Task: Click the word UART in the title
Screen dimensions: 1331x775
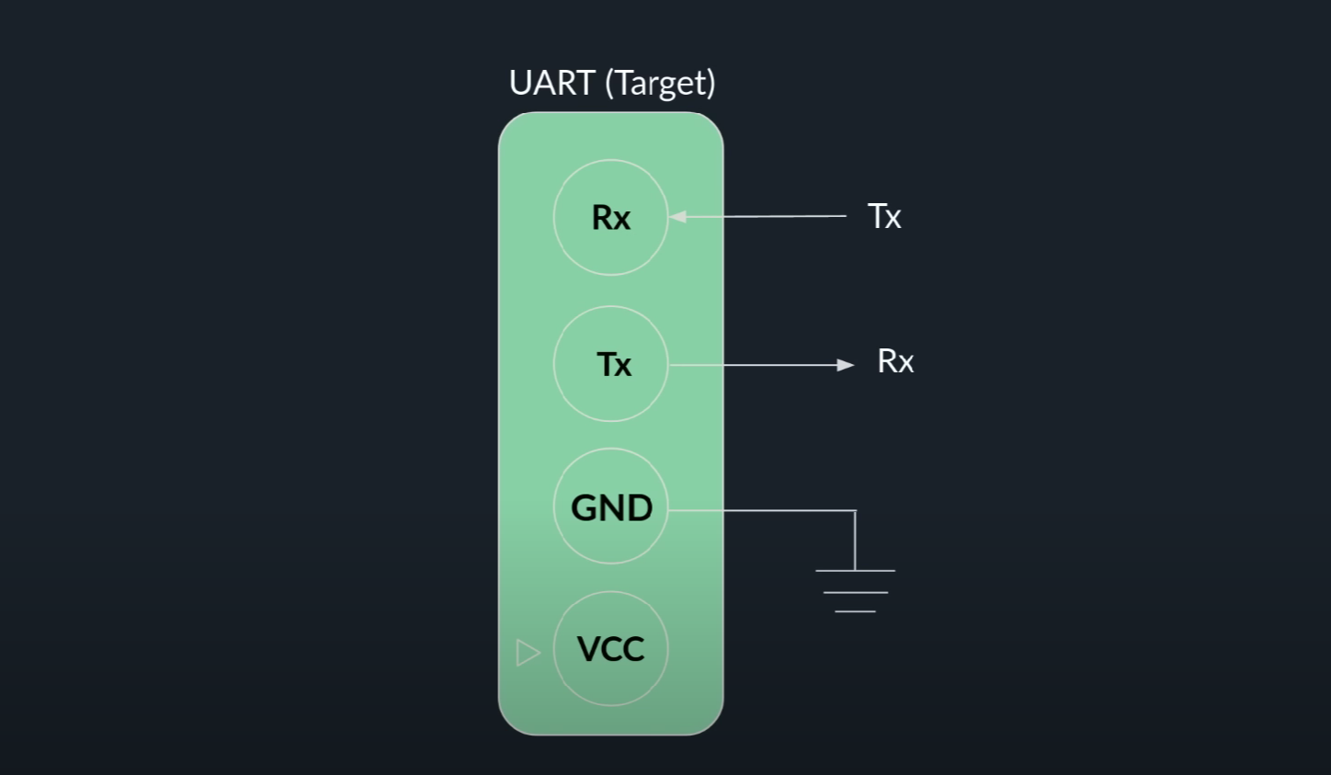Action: pos(552,83)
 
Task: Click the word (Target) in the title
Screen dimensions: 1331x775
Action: pos(660,84)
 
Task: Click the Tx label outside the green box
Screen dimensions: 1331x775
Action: pos(884,216)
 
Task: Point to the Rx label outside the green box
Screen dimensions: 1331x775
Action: pos(895,361)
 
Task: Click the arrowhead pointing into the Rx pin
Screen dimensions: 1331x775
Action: pos(678,217)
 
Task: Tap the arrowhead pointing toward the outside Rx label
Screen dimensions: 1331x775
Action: pos(845,364)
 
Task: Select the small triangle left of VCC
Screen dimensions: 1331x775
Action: pos(528,653)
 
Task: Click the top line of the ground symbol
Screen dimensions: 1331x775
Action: pos(855,571)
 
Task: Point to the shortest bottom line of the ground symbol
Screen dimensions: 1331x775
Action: pos(855,611)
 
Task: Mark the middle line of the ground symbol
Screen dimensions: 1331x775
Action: pos(855,593)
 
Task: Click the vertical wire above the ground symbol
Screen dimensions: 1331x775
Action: pos(855,541)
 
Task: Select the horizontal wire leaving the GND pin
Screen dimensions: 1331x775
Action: pos(762,510)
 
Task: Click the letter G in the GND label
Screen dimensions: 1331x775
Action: pos(584,508)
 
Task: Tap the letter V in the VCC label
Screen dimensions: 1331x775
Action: pos(589,648)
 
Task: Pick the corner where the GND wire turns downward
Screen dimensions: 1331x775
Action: pos(855,510)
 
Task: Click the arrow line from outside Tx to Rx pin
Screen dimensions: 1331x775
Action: pos(757,216)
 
